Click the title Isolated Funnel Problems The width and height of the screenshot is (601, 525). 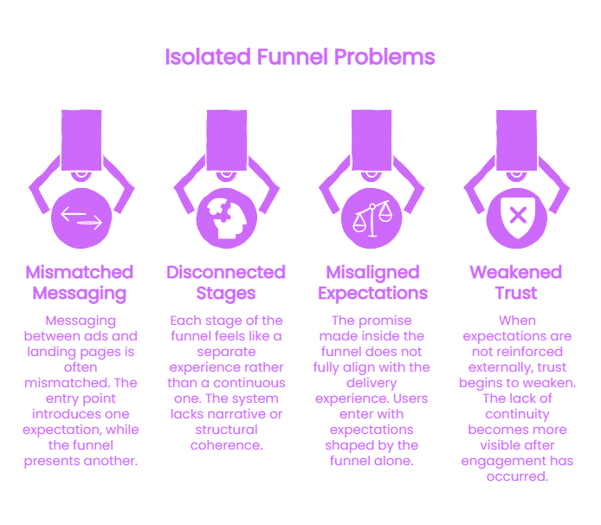(300, 57)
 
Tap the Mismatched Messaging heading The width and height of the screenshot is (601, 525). (80, 282)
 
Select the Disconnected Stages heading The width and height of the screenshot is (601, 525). (226, 282)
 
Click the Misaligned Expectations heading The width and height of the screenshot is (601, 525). (372, 282)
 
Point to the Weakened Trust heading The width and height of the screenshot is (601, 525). (516, 282)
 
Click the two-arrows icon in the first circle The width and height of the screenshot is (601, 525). (81, 218)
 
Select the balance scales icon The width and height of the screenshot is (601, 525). (372, 218)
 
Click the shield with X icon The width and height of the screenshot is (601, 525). (518, 217)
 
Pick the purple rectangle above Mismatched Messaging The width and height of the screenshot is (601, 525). (81, 140)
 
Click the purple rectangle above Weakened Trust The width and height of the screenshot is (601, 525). (516, 140)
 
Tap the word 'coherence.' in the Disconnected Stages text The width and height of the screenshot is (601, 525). (227, 445)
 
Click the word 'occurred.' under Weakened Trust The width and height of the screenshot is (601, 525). (518, 476)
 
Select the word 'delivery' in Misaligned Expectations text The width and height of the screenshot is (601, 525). (372, 383)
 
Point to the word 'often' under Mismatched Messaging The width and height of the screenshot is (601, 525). (81, 367)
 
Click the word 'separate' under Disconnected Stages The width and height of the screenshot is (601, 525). (226, 352)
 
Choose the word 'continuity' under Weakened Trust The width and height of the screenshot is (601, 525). (518, 414)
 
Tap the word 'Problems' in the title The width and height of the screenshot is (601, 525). (385, 57)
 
